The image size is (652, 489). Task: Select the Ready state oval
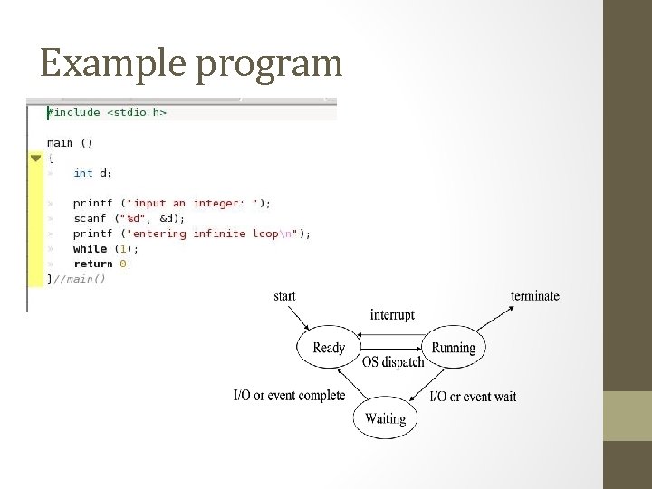coord(328,348)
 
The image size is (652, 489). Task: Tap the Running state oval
coord(453,348)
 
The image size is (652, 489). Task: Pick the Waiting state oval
coord(385,418)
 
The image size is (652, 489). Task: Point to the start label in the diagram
coord(283,296)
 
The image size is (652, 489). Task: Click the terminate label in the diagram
coord(535,296)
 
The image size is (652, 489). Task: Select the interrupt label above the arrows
coord(392,315)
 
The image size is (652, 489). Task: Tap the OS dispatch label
coord(393,362)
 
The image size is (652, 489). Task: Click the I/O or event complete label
coord(289,396)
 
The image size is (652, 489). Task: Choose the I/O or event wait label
coord(473,397)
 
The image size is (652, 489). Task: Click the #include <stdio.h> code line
coord(107,112)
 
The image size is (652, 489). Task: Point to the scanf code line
coord(129,218)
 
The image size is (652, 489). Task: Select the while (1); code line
coord(106,248)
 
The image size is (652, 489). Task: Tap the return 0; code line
coord(101,264)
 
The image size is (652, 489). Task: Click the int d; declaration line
coord(92,172)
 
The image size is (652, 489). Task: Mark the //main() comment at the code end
coord(79,279)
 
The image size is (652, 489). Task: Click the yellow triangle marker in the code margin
coord(35,158)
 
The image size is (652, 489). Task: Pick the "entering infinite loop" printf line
coord(191,233)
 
